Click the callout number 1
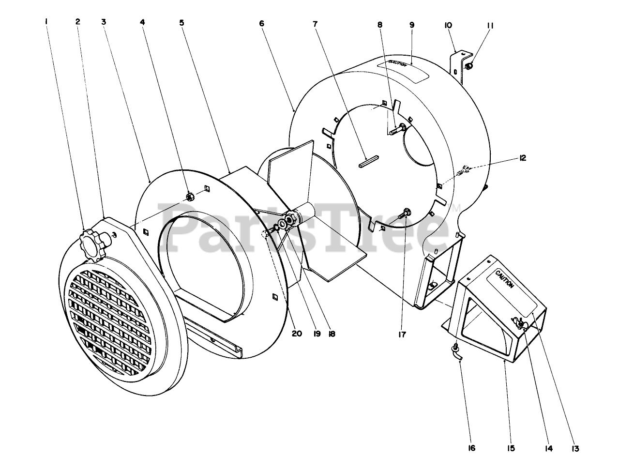point(46,22)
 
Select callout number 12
point(522,158)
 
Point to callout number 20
point(297,334)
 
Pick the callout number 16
point(471,448)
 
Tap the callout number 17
point(402,334)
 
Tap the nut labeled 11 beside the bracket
point(468,66)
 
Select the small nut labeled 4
point(190,196)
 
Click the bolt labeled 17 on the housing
point(406,212)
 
